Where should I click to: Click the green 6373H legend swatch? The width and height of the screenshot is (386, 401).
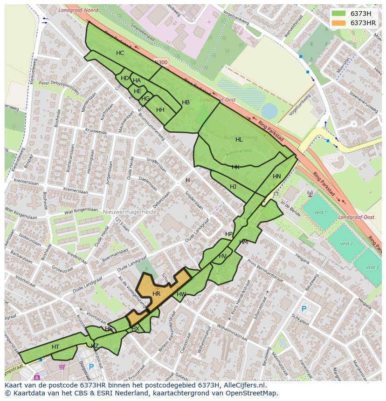tap(339, 14)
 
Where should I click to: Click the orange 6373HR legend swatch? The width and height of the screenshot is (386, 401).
tap(339, 23)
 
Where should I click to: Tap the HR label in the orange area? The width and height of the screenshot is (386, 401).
tap(156, 294)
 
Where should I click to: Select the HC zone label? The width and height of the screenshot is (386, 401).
tap(120, 53)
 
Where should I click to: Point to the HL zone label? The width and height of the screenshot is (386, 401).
tap(239, 140)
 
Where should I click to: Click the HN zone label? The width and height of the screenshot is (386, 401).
tap(277, 177)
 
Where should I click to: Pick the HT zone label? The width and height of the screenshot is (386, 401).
tap(55, 347)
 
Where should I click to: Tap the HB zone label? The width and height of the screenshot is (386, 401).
tap(186, 102)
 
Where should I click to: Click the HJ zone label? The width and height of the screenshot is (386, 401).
tap(233, 187)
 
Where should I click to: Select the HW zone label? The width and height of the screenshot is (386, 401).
tap(181, 294)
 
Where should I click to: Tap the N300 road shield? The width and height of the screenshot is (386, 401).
tap(161, 62)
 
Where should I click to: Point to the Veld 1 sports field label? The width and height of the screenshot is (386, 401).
tap(320, 212)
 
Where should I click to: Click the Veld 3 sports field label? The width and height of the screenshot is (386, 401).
tap(372, 267)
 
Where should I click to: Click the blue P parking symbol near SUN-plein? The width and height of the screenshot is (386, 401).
tap(304, 309)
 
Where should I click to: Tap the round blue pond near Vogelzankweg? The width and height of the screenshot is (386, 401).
tap(269, 111)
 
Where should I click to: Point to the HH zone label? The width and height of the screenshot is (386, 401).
tap(160, 110)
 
